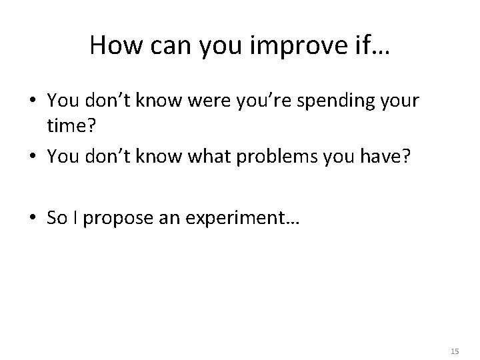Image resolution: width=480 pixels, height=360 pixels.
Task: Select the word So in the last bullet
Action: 57,219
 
